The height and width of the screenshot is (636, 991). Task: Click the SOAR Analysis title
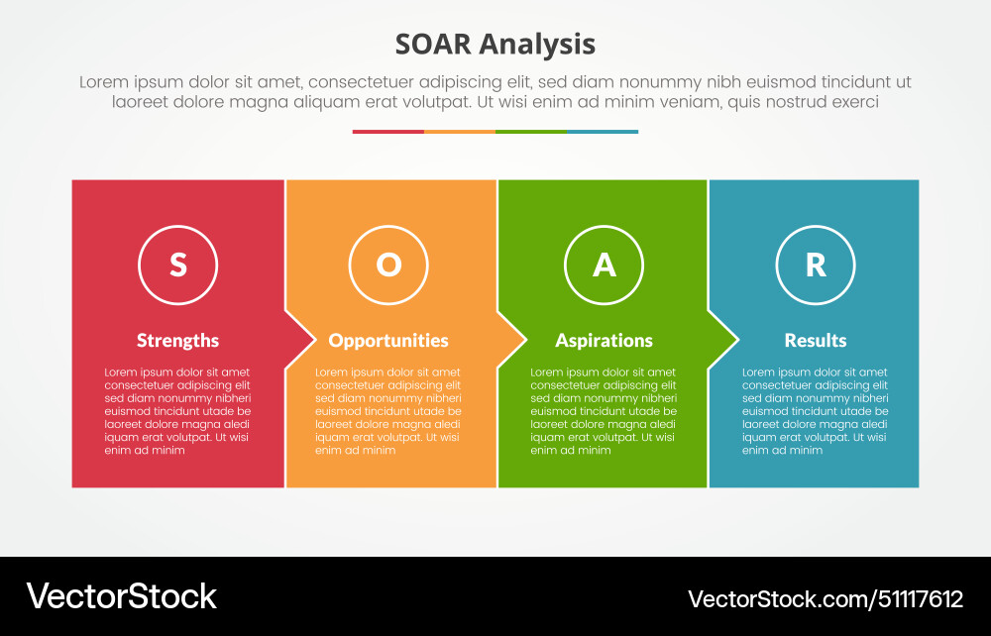[x=495, y=45]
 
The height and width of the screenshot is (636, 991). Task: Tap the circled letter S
[x=177, y=265]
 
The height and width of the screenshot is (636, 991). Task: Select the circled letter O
[x=388, y=265]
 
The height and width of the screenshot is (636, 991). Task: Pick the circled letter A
[x=604, y=265]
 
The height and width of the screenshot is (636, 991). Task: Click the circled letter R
[x=815, y=265]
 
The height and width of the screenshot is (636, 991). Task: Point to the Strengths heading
[x=177, y=340]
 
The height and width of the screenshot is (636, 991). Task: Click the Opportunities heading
[x=388, y=340]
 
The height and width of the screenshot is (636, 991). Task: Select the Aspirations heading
[x=604, y=340]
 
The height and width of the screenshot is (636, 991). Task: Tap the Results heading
[x=815, y=340]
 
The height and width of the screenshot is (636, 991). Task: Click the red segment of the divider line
[x=387, y=132]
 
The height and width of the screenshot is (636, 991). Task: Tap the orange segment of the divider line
[x=459, y=132]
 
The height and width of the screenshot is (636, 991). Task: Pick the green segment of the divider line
[x=530, y=132]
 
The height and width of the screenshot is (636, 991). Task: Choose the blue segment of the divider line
[x=602, y=132]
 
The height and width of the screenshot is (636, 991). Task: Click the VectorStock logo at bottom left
[x=121, y=596]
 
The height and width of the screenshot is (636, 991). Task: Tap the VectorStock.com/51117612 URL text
[x=825, y=598]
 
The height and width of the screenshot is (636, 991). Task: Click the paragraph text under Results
[x=815, y=411]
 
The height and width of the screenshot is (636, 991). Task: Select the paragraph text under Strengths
[x=177, y=411]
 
